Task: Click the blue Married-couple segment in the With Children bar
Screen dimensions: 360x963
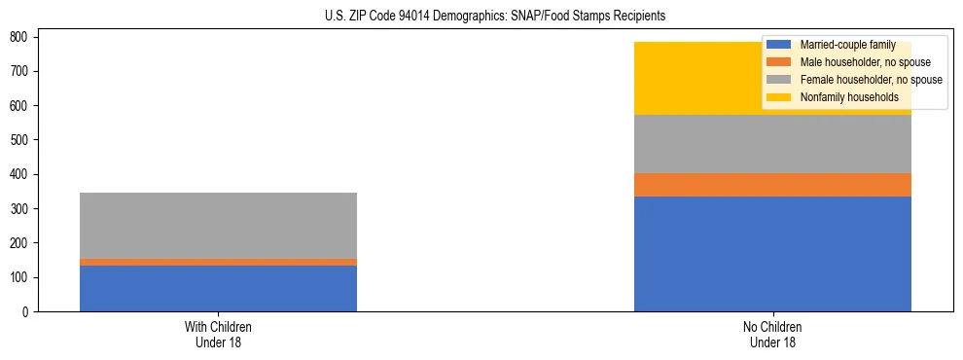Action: coord(218,288)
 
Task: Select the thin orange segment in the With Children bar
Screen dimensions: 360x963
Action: coord(218,262)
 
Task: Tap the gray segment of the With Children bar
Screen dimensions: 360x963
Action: coord(218,226)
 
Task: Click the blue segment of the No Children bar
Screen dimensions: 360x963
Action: coord(772,254)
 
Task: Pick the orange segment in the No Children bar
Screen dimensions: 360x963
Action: coord(772,185)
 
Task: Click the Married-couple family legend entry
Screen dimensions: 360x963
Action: coord(847,46)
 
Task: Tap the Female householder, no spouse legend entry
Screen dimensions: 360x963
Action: coord(872,80)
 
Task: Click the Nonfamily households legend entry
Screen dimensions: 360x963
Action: coord(849,97)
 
